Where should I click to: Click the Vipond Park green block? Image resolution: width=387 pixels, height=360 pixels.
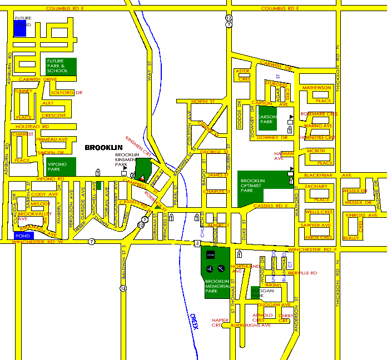coord(61,166)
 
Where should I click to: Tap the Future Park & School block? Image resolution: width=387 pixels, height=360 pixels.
coord(61,67)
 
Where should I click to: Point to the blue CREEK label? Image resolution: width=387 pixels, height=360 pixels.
coord(194,322)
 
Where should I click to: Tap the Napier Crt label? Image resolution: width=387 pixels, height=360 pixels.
coord(217,323)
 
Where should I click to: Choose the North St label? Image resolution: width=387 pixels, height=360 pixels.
coord(202,102)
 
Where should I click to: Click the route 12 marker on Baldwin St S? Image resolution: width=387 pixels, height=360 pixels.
coord(123,288)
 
